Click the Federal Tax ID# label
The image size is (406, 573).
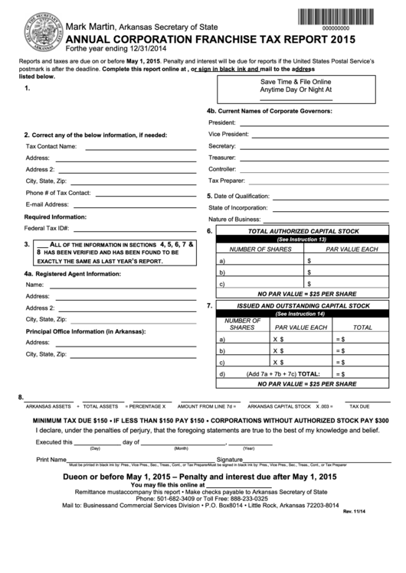click(47, 229)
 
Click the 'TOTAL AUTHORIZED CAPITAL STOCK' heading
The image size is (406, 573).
click(303, 231)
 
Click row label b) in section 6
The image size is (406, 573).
click(222, 272)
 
